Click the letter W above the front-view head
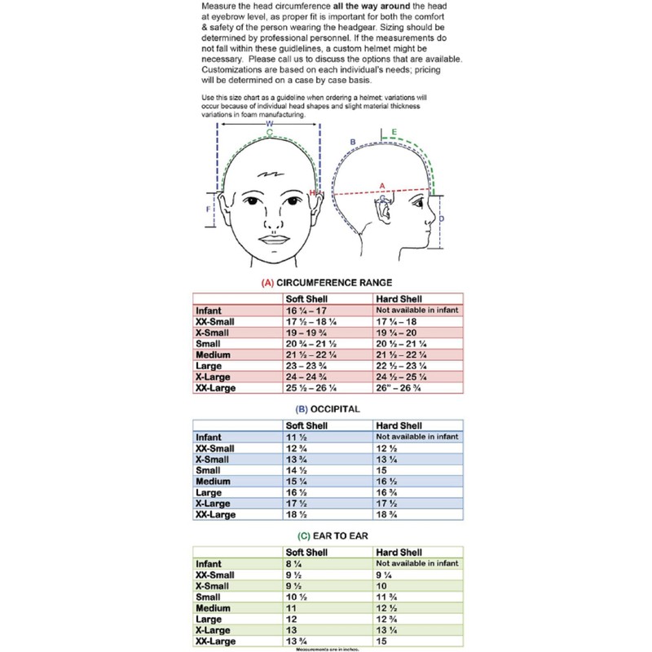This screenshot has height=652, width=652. click(x=269, y=123)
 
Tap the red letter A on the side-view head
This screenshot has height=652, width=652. click(x=382, y=185)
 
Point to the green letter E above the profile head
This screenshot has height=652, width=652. click(x=394, y=131)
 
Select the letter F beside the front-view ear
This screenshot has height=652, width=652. click(x=208, y=209)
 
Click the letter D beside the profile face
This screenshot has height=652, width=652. click(x=441, y=218)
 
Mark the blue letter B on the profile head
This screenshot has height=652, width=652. click(x=352, y=143)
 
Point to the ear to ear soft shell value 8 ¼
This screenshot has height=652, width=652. click(x=293, y=563)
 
